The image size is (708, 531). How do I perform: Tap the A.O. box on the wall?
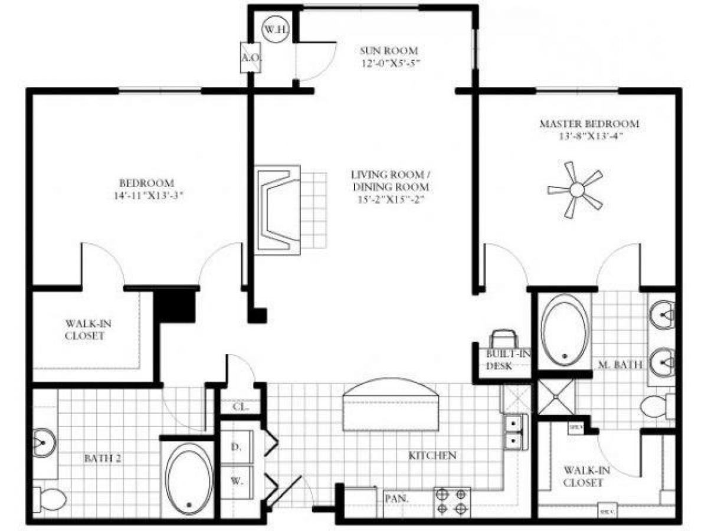[x=247, y=58]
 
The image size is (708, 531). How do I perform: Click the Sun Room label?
[x=389, y=51]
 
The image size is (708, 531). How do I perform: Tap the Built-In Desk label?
[x=501, y=359]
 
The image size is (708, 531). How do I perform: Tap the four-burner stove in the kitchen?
[x=452, y=501]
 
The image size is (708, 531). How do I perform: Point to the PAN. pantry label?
[x=394, y=499]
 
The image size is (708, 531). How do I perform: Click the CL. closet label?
[x=239, y=407]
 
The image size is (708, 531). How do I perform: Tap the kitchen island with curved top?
[x=391, y=407]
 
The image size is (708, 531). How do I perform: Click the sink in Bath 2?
[x=44, y=440]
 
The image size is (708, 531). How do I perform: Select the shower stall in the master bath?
[x=556, y=398]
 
